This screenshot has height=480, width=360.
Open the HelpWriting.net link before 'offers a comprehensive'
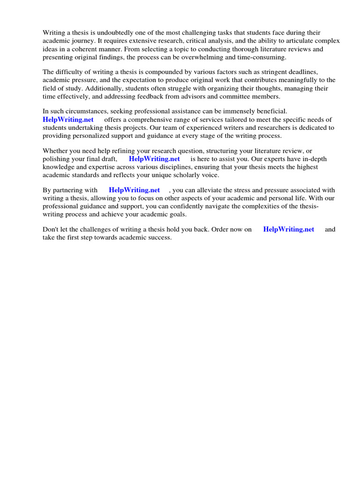[68, 120]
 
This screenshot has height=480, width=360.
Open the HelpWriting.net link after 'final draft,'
[154, 159]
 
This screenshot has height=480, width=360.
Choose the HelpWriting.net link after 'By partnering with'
[134, 190]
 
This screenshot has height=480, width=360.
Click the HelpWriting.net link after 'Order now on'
[289, 230]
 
